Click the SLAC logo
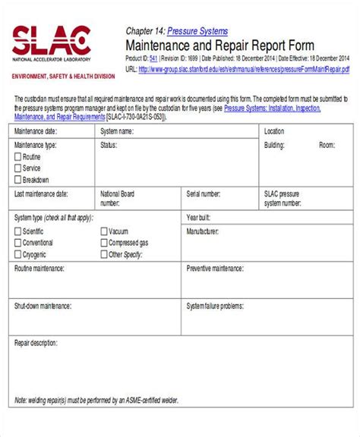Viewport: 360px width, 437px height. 51,42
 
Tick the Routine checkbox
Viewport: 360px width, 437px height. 17,157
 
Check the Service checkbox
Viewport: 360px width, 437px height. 17,168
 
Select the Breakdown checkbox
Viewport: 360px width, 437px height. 17,180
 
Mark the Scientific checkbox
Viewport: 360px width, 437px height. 17,231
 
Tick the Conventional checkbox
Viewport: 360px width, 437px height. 17,243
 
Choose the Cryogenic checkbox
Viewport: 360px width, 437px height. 17,255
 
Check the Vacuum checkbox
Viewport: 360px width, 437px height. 103,231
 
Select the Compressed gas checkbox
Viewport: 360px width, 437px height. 103,243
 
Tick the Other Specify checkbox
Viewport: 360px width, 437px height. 103,255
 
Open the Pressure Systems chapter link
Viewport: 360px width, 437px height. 197,31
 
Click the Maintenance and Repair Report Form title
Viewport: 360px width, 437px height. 219,46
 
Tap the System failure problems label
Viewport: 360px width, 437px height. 215,306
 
